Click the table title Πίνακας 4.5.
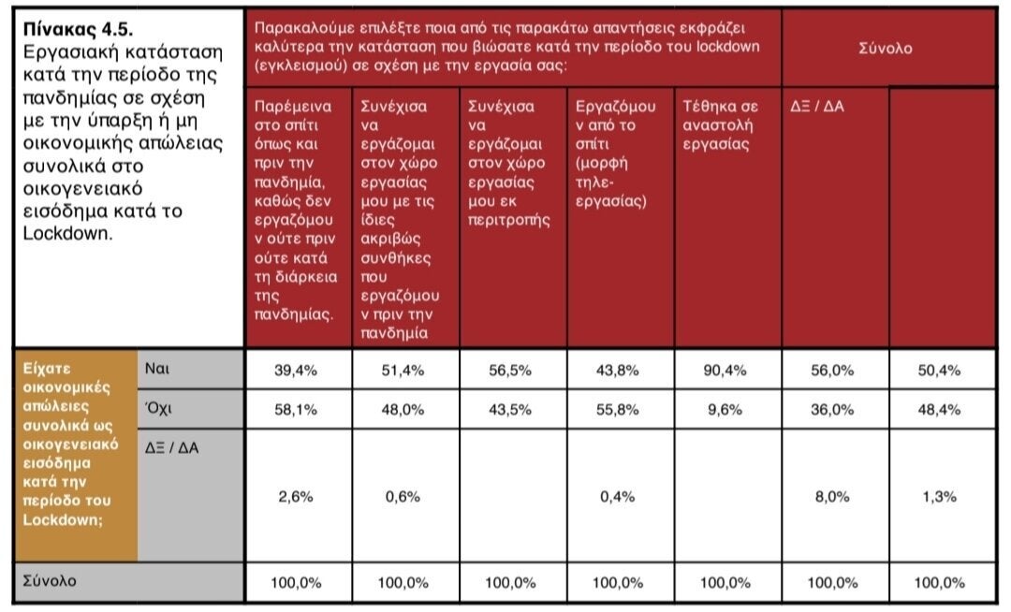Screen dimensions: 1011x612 (78, 30)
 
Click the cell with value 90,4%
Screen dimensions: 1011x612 (725, 371)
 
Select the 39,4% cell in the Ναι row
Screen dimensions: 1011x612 (295, 371)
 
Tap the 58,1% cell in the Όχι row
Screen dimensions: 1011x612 (295, 410)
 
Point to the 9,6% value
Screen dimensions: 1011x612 (725, 410)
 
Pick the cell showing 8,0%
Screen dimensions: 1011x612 (832, 497)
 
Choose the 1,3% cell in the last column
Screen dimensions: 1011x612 (940, 497)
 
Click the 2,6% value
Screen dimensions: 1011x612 (295, 497)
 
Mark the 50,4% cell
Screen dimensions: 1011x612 (940, 371)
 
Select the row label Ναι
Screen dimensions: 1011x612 (156, 369)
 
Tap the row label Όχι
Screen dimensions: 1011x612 (158, 408)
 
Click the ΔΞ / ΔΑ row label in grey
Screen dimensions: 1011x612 (171, 447)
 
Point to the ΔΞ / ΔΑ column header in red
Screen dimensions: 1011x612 (817, 107)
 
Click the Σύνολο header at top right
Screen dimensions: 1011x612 (886, 49)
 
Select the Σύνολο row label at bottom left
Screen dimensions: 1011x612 (50, 581)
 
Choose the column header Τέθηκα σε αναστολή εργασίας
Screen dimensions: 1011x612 (720, 125)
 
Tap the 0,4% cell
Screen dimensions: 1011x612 (617, 497)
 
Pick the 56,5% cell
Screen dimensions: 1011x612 (510, 371)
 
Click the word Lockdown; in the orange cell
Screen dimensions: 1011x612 (63, 519)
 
